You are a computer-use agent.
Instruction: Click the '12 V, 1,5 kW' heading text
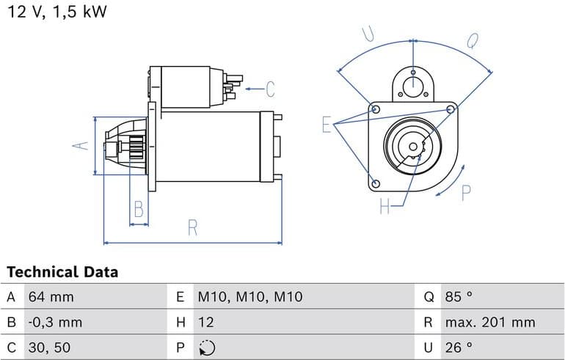[57, 12]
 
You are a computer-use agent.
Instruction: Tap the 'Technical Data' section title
[62, 272]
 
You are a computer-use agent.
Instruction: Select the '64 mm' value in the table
[51, 297]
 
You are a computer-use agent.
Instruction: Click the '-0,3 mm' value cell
[56, 322]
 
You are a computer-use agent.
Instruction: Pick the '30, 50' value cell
[50, 347]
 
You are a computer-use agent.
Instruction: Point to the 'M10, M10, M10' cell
[249, 297]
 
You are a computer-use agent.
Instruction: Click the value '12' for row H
[205, 322]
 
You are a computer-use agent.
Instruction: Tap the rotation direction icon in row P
[206, 348]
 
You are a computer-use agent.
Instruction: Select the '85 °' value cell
[459, 297]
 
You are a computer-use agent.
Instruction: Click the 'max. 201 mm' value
[490, 322]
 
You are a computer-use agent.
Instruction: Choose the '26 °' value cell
[459, 347]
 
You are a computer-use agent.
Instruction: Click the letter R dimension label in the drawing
[193, 228]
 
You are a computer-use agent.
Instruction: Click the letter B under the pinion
[139, 211]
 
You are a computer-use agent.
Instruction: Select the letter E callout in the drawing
[327, 125]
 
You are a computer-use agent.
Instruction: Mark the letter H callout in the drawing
[384, 207]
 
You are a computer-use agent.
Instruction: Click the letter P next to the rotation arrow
[465, 193]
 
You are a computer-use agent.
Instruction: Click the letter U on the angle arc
[368, 34]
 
